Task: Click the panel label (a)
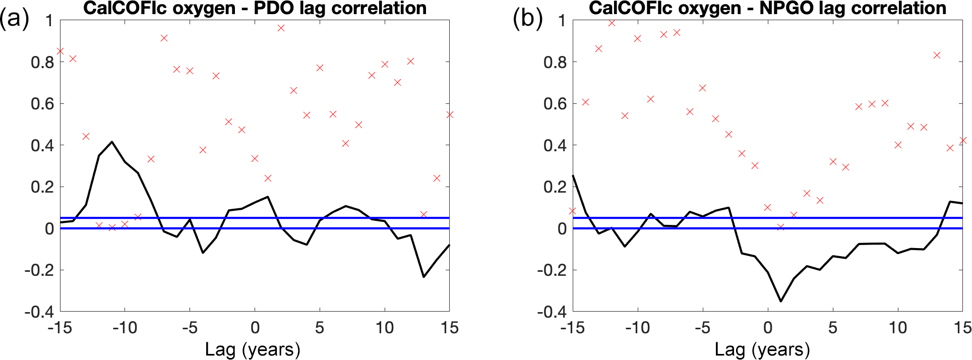point(14,19)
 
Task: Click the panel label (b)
point(527,19)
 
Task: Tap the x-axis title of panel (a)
point(253,349)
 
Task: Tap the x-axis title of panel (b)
point(762,349)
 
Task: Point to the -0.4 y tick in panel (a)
point(39,312)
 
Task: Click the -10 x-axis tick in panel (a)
point(125,328)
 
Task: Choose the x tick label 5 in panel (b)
point(833,328)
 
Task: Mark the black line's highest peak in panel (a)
point(112,142)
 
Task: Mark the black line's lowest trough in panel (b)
point(781,301)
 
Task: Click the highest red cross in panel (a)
point(281,28)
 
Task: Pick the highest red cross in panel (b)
point(612,23)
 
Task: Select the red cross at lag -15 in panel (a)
point(60,51)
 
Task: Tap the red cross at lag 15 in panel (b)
point(963,140)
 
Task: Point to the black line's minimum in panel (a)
point(423,277)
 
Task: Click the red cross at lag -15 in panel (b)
point(573,211)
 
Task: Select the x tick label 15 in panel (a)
point(449,328)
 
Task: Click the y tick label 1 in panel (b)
point(562,21)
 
